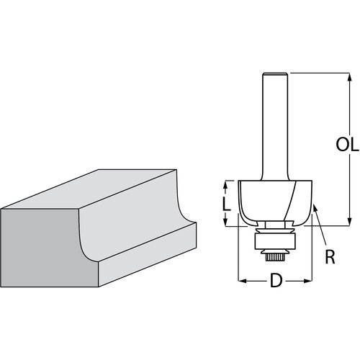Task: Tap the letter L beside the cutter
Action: [x=227, y=204]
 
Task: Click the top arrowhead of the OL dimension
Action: [x=350, y=75]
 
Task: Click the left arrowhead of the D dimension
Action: [x=241, y=280]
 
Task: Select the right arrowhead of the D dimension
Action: [x=310, y=280]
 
